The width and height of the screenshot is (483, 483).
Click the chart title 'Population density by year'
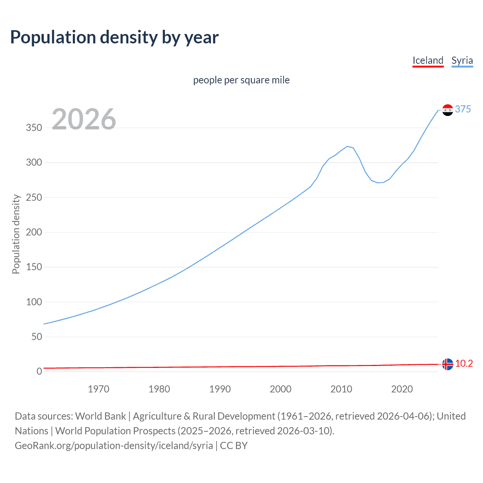coord(114,37)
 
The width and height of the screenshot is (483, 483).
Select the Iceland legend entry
coord(428,60)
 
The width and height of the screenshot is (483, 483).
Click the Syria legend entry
coord(462,60)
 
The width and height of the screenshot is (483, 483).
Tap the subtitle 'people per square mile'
coord(241,80)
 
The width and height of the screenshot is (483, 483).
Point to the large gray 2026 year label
coord(84,119)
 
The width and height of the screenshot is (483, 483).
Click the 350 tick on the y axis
coord(34,128)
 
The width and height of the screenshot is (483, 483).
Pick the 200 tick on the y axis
coord(34,232)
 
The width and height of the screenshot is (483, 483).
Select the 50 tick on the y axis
coord(37,337)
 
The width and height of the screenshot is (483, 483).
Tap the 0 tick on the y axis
coord(39,371)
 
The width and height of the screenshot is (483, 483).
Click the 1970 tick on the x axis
coord(98,389)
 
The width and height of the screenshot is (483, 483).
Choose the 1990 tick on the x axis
coord(220,389)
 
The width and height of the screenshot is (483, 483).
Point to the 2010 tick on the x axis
coord(341,389)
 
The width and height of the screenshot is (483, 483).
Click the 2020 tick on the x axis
coord(402,389)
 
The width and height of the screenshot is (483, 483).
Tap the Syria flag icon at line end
coord(448,110)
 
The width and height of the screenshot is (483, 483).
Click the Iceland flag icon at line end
coord(448,364)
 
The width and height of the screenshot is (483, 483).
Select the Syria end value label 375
coord(463,109)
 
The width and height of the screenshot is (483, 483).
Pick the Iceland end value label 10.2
coord(464,363)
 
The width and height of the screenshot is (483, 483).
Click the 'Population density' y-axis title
coord(16,234)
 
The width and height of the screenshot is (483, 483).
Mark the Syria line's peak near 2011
coord(347,146)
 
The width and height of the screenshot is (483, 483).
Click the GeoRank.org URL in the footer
coord(114,446)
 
